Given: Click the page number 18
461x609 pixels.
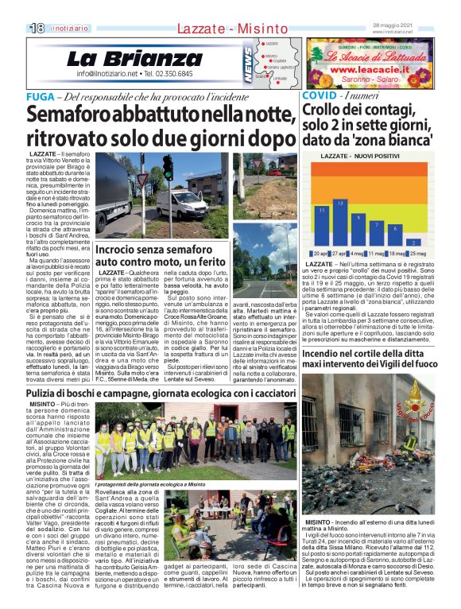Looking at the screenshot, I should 37,28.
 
